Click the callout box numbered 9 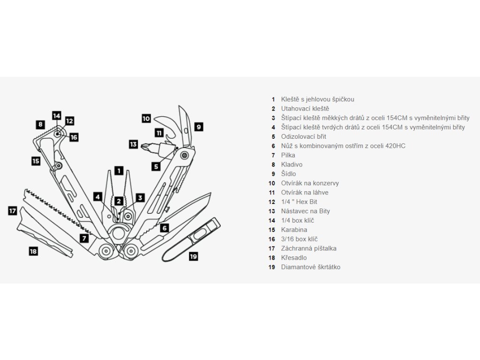[199, 126]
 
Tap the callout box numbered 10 [146, 119]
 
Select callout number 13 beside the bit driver [134, 144]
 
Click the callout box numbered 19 [194, 256]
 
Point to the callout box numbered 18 [33, 251]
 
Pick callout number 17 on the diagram [13, 211]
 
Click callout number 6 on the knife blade [164, 228]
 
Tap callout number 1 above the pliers [119, 171]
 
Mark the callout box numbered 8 [41, 125]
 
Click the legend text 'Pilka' [288, 155]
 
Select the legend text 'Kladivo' [292, 165]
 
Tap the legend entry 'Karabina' [293, 230]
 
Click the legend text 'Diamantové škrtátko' [310, 267]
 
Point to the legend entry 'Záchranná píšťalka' [308, 248]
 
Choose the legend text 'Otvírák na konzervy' [310, 183]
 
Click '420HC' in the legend [395, 146]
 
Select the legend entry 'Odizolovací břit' [303, 136]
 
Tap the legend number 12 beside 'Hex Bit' [272, 202]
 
